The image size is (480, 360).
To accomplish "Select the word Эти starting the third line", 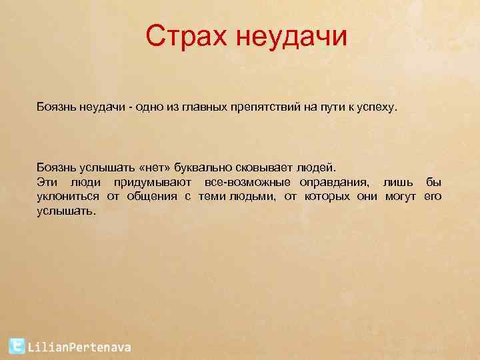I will pos(46,182).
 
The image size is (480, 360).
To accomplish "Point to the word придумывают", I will pos(153,182).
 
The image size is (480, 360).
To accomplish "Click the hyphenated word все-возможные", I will pos(247,182).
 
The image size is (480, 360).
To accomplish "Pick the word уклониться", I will pos(67,196).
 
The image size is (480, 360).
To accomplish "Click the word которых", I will pos(327,196).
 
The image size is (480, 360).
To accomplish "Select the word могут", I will pos(399,196).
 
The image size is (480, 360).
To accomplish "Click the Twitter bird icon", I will pos(17,346).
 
